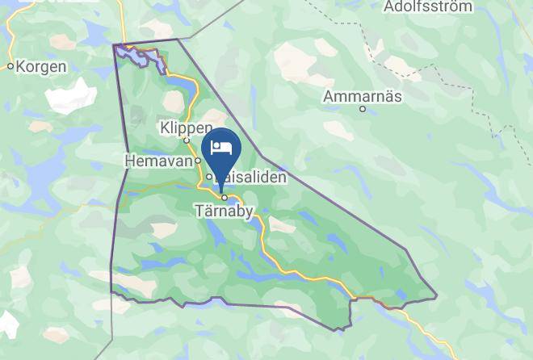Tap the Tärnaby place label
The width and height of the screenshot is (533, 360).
click(x=224, y=211)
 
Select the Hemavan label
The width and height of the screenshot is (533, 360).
click(x=157, y=161)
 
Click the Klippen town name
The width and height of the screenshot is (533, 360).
click(x=186, y=128)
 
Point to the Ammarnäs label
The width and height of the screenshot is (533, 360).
click(x=362, y=97)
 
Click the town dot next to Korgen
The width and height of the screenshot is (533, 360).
click(x=10, y=67)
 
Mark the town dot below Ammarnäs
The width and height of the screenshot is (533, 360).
click(x=363, y=109)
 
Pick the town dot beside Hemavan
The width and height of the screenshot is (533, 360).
click(x=196, y=161)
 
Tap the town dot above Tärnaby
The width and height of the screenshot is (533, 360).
click(x=224, y=197)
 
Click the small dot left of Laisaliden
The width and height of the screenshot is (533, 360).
click(x=208, y=177)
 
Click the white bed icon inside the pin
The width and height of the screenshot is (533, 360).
click(x=222, y=148)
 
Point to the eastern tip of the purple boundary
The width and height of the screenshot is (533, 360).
click(x=436, y=296)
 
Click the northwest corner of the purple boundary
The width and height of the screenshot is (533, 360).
click(x=115, y=44)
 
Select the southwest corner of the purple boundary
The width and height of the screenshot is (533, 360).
click(x=111, y=291)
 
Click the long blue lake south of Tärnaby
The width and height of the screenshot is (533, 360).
click(x=216, y=235)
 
